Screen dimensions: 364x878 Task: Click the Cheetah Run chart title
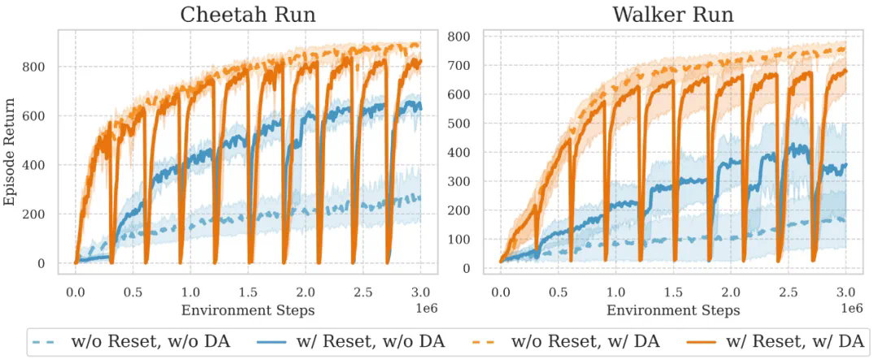click(247, 15)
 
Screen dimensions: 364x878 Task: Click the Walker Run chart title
click(673, 15)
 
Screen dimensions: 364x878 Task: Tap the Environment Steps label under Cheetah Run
click(247, 310)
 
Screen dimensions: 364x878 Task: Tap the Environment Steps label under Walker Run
click(673, 310)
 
